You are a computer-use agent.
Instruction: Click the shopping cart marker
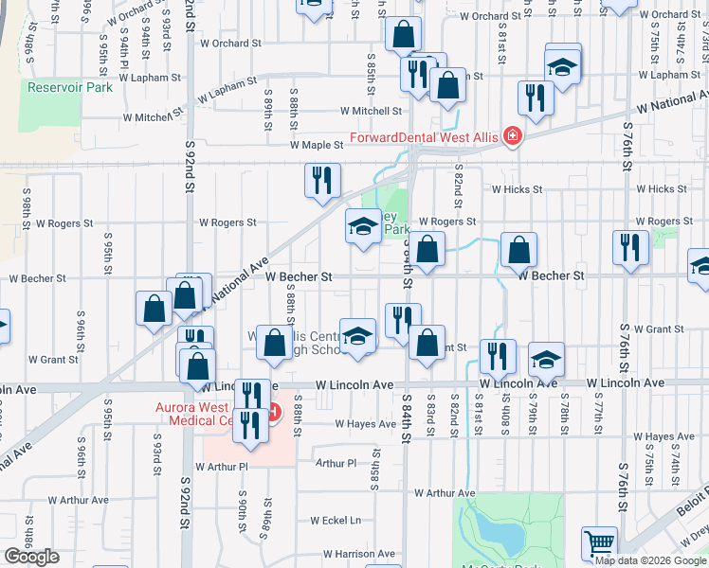599,545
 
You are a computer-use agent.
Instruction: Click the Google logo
31,557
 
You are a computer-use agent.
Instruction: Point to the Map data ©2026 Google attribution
650,559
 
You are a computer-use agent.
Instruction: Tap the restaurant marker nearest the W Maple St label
322,179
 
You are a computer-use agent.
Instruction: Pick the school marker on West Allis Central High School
358,337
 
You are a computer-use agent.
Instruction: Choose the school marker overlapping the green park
362,227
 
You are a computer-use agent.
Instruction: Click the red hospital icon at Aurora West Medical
275,413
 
